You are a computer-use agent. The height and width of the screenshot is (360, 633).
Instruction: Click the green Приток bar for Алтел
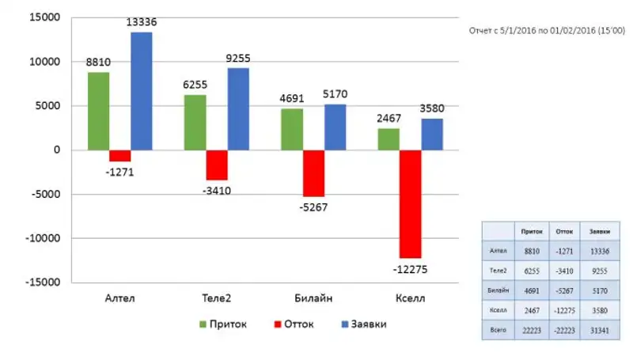[98, 111]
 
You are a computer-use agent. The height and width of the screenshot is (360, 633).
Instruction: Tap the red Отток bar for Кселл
[411, 203]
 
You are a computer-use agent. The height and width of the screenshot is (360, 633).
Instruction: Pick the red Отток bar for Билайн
[313, 173]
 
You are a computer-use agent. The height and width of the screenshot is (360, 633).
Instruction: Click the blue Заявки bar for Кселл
[432, 135]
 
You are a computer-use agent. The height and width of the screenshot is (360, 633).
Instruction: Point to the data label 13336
[142, 22]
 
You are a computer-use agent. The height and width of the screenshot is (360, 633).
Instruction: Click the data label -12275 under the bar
[410, 269]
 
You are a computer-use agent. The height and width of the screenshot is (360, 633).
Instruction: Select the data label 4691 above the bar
[292, 100]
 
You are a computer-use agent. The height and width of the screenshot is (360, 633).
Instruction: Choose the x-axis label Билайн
[313, 298]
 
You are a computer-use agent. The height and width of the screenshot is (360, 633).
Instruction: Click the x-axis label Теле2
[217, 298]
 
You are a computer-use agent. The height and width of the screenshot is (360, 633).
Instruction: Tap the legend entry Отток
[294, 324]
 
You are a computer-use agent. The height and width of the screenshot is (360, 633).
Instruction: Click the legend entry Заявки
[363, 324]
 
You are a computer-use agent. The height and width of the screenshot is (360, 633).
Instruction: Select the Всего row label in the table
[498, 329]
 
